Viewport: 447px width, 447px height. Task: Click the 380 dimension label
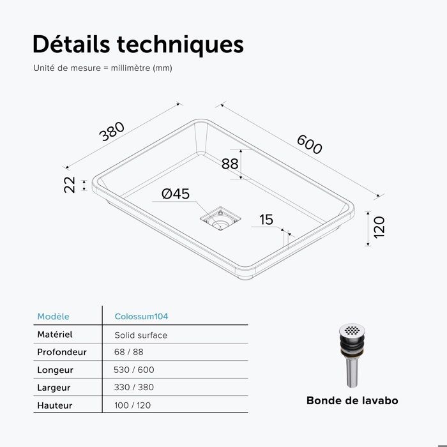tap(112, 132)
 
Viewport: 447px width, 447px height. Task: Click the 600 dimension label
tap(310, 144)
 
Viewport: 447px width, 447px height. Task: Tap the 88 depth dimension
tap(230, 164)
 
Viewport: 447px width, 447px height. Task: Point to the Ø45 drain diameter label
tap(176, 194)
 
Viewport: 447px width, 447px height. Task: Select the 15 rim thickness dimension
tap(266, 220)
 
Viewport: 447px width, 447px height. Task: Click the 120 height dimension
tap(379, 227)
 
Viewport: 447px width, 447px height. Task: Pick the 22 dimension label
tap(69, 185)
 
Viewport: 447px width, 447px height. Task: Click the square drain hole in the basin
tap(220, 219)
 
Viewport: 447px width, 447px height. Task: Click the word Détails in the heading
tap(71, 44)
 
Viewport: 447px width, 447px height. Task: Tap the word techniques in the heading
tap(180, 45)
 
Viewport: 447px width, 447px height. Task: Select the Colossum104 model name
tap(141, 317)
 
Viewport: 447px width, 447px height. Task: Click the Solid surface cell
tap(141, 335)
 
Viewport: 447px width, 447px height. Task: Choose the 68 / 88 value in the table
tap(129, 352)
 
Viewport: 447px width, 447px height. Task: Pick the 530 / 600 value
tap(134, 370)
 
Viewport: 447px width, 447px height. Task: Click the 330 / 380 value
tap(134, 388)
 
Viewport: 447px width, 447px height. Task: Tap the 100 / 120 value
tap(133, 405)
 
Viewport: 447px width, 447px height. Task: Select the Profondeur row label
tap(62, 352)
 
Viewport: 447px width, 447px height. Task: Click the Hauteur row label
tap(55, 405)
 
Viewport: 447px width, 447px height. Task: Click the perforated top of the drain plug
tap(352, 330)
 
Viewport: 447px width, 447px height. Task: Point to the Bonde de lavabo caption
tap(352, 400)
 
